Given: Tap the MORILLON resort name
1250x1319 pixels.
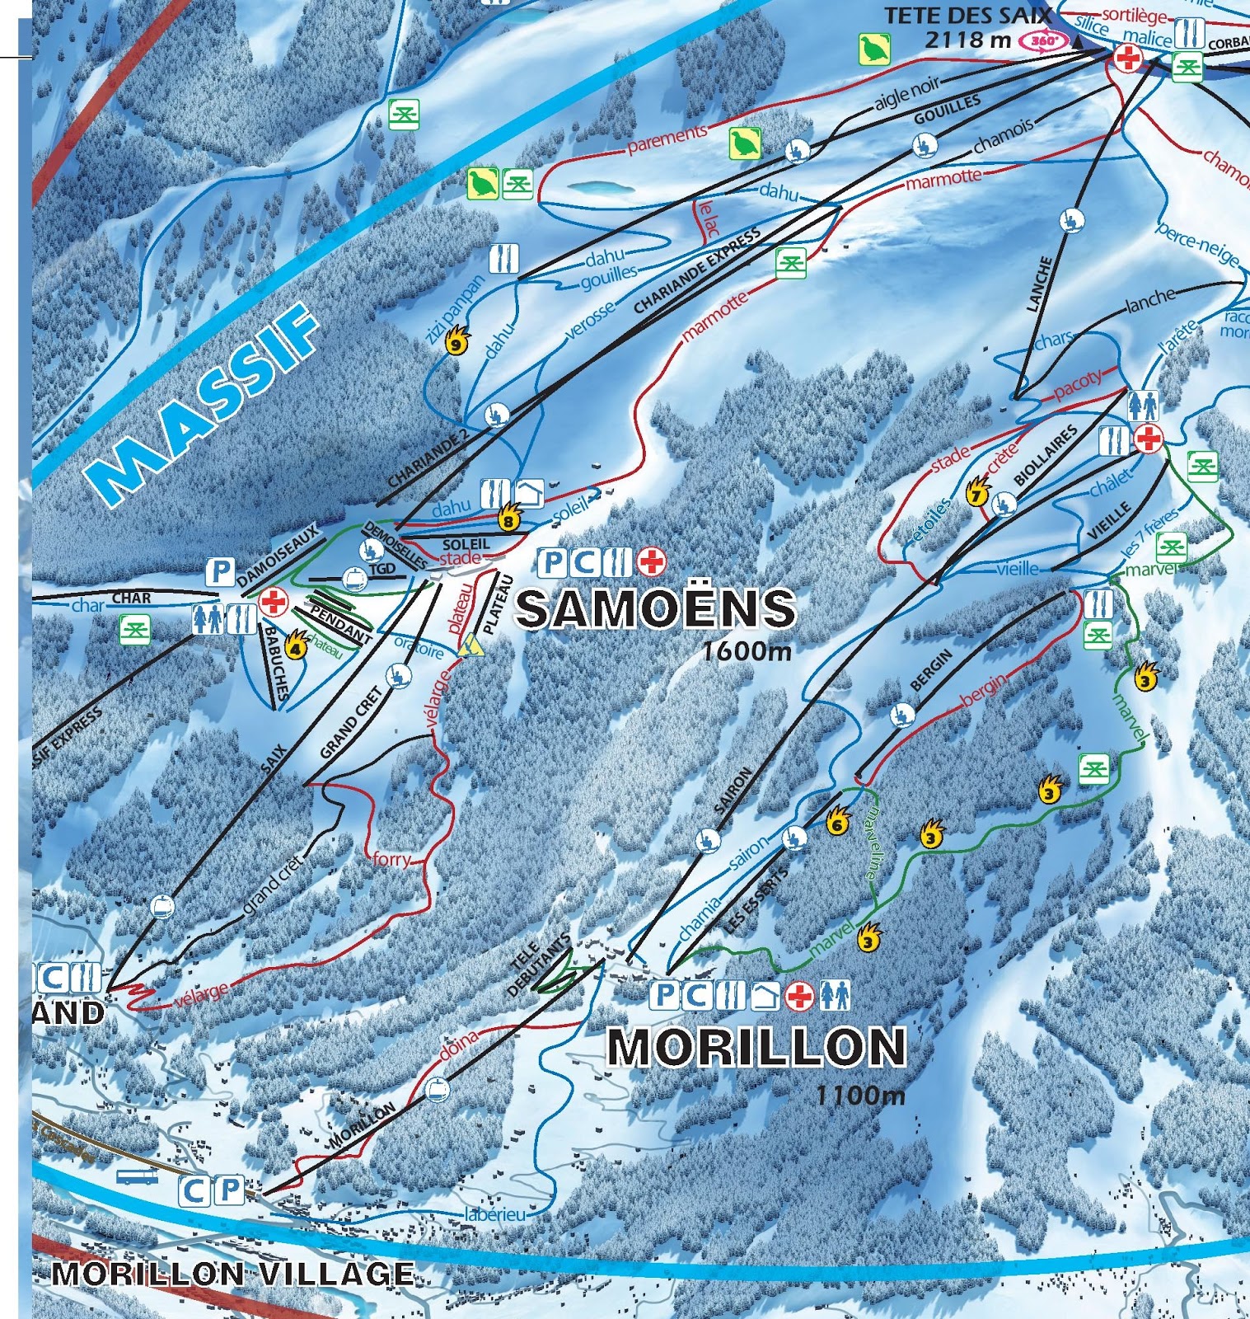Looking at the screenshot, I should click(756, 1047).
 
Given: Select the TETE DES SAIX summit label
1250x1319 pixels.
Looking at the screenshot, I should click(967, 16).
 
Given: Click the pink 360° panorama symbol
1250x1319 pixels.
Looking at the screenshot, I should click(1042, 40).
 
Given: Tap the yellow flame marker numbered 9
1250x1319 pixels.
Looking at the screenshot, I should click(456, 340).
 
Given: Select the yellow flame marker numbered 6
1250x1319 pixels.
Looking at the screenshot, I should click(837, 821).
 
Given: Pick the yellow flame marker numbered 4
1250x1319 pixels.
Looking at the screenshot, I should click(296, 645).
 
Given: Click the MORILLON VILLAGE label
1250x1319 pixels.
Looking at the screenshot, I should click(232, 1274).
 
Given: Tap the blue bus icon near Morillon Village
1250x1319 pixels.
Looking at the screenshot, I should click(137, 1176).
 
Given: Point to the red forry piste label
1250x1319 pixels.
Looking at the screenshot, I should click(391, 859).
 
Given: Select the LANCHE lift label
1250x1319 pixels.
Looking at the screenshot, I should click(1040, 284).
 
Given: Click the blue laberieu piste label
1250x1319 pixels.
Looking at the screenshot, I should click(494, 1214).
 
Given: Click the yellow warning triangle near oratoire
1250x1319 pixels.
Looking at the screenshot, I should click(472, 645).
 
